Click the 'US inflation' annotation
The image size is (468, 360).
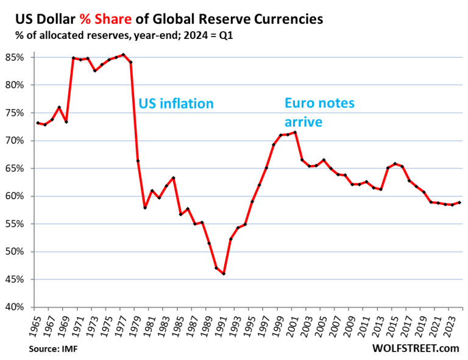coord(176,104)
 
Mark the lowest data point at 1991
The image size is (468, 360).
coord(224,274)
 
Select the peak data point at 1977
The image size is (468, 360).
coord(124,55)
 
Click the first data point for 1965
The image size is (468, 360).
coord(38,123)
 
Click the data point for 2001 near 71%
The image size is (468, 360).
coord(295,132)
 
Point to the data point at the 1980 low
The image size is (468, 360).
coord(145,208)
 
